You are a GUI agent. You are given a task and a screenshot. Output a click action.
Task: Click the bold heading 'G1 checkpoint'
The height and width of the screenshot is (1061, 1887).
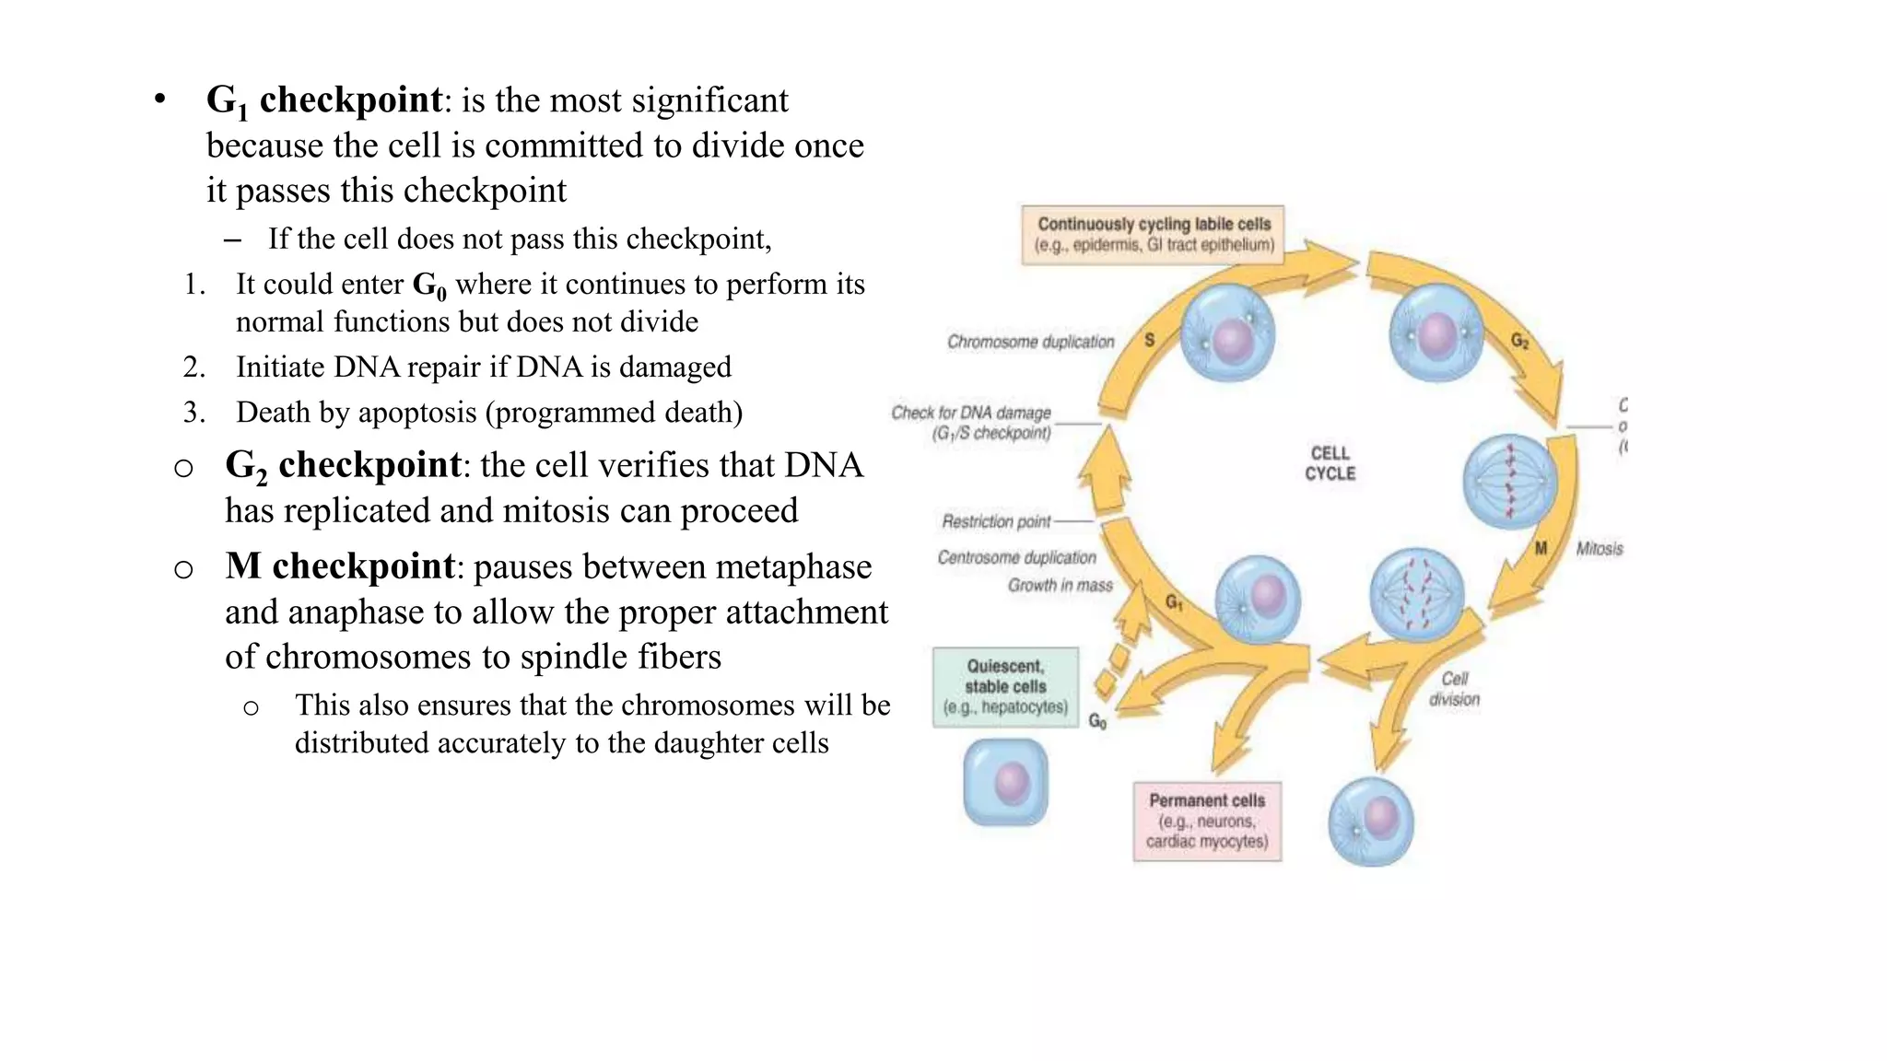point(324,100)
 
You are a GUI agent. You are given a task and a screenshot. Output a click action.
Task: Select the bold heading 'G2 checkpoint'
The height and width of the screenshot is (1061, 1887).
point(343,465)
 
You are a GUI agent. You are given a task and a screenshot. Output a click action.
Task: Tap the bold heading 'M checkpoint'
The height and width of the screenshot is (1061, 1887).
point(340,566)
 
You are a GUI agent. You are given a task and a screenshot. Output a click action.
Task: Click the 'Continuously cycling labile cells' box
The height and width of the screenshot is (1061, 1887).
point(1153,235)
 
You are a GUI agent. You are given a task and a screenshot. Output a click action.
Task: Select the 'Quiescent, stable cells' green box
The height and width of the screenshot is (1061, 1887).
point(1005,687)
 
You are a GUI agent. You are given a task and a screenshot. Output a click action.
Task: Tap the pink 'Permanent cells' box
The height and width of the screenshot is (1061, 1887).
point(1207,821)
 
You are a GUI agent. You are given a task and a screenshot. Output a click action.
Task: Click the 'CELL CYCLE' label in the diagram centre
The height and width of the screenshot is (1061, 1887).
point(1330,463)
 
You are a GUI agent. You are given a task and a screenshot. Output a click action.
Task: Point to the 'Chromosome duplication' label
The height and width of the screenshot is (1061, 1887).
point(1030,342)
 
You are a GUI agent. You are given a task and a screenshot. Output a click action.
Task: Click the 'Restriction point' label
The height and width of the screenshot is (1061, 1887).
point(996,521)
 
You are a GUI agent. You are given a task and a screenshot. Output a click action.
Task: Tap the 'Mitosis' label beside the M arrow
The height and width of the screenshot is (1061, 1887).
point(1599,549)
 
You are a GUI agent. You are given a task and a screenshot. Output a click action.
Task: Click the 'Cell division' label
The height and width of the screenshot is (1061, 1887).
point(1454,689)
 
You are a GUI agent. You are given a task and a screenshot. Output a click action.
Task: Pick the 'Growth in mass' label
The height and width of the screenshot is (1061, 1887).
point(1060,586)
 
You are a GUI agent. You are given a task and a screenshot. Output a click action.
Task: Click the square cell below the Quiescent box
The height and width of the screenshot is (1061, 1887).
point(1005,783)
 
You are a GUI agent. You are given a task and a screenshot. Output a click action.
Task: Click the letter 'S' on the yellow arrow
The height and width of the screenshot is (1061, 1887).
point(1149,340)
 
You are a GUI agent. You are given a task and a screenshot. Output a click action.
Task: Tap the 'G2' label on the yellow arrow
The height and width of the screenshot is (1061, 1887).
point(1519,342)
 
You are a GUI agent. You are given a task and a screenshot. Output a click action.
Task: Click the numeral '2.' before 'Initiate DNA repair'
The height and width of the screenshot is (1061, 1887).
point(193,367)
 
